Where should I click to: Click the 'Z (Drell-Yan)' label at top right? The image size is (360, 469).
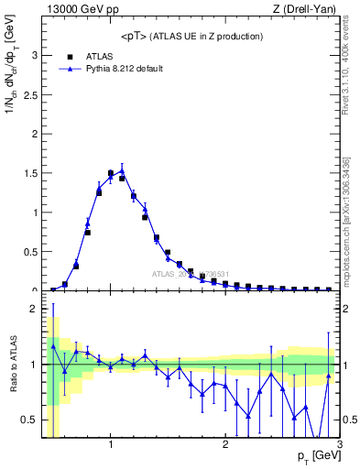coord(308,8)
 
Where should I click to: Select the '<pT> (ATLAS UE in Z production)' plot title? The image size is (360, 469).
coord(191,36)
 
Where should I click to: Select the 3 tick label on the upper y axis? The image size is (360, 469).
coord(34,55)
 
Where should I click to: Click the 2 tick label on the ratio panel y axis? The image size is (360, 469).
coord(34,310)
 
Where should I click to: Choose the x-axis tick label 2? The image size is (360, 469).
coord(225,445)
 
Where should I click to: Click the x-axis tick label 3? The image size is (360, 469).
coord(338,445)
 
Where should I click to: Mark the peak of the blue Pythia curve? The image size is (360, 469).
coord(122,170)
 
